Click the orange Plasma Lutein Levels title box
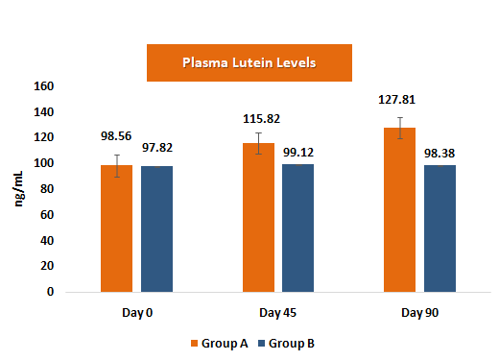pos(249,63)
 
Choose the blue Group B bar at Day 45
pos(298,228)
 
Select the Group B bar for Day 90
pos(440,228)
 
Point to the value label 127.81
pos(400,99)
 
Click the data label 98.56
pos(118,135)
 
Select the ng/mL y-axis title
pos(18,189)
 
